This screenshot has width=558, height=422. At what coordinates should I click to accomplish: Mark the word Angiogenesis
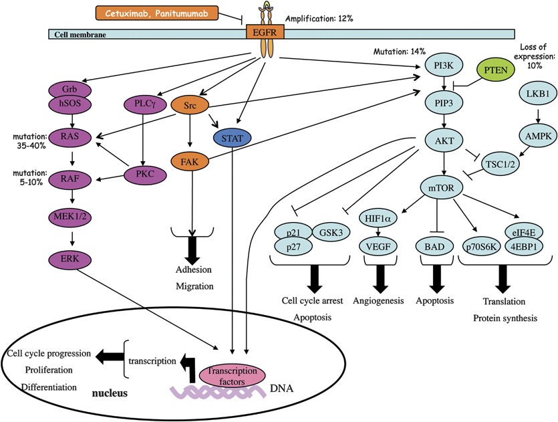(379, 301)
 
